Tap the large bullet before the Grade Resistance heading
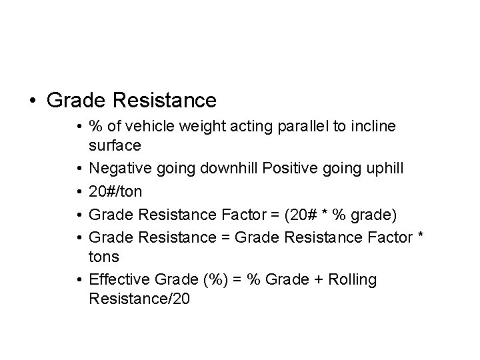click(x=33, y=101)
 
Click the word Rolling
click(x=353, y=280)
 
